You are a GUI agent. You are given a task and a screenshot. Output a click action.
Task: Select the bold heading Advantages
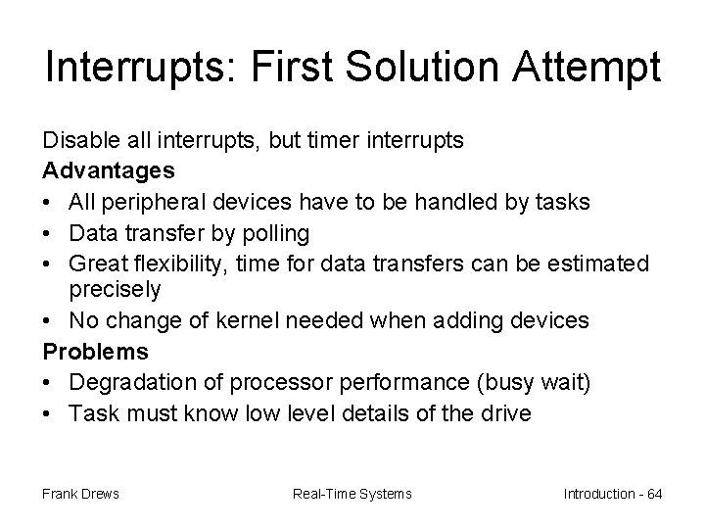pyautogui.click(x=109, y=170)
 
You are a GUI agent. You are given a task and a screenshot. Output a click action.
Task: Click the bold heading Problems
pyautogui.click(x=95, y=351)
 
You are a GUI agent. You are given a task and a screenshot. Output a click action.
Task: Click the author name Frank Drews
pyautogui.click(x=81, y=493)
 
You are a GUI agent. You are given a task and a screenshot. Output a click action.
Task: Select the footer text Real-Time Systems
pyautogui.click(x=352, y=493)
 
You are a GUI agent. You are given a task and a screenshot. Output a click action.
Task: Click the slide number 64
pyautogui.click(x=653, y=493)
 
